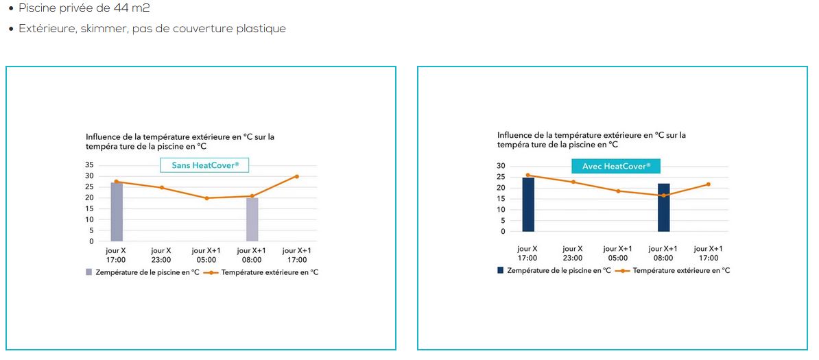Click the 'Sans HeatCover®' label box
click(x=204, y=166)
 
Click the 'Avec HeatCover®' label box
click(x=617, y=166)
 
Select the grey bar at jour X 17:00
click(x=117, y=212)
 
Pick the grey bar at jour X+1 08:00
click(x=252, y=219)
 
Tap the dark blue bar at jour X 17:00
click(x=528, y=204)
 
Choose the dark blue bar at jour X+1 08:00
click(x=664, y=208)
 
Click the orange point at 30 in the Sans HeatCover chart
click(x=297, y=176)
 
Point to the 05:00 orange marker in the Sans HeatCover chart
click(x=207, y=198)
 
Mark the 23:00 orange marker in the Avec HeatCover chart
click(x=573, y=182)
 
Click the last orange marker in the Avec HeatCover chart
click(x=709, y=184)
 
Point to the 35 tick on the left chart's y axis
click(x=89, y=165)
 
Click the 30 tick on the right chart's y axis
click(x=501, y=166)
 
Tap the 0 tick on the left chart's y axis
click(x=91, y=241)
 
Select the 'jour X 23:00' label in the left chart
click(x=161, y=255)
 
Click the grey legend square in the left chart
click(x=88, y=272)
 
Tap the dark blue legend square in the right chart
click(x=500, y=270)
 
